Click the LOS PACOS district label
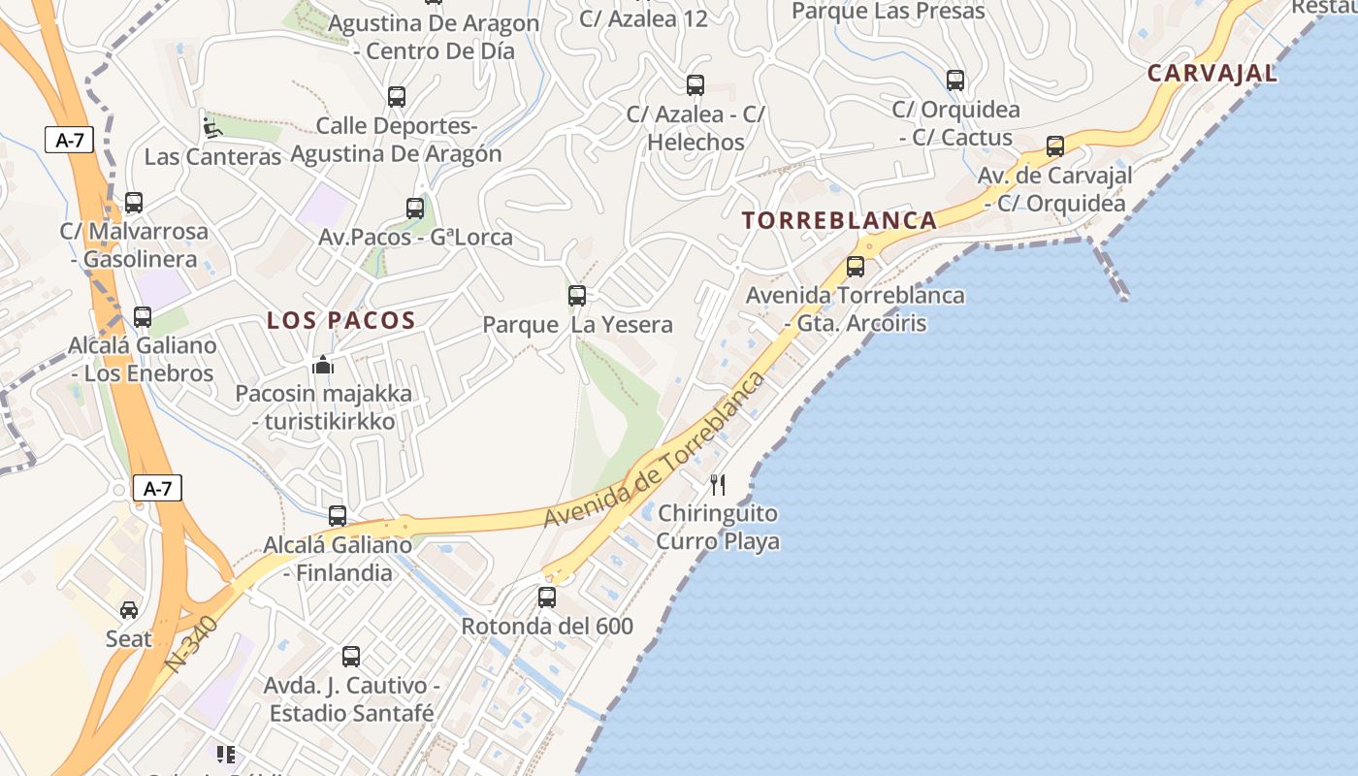coord(341,320)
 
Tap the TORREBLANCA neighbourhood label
coord(840,220)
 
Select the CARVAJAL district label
coord(1212,73)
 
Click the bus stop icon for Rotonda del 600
coord(547,598)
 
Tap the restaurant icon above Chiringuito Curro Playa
coord(718,484)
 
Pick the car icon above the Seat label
coord(129,609)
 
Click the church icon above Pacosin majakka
coord(322,365)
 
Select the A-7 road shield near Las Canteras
coord(69,140)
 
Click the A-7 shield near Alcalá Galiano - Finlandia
coord(157,488)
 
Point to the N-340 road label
coord(191,643)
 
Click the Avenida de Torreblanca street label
coord(655,449)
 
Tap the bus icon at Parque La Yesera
coord(577,296)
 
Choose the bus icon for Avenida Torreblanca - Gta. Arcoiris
coord(856,266)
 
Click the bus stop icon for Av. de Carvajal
coord(1055,146)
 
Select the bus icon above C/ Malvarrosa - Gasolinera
coord(134,203)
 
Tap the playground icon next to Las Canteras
coord(210,127)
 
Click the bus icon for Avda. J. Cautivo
coord(351,657)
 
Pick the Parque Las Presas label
coord(888,12)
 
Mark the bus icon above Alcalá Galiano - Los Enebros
coord(143,317)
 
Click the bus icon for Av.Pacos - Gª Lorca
coord(415,208)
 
